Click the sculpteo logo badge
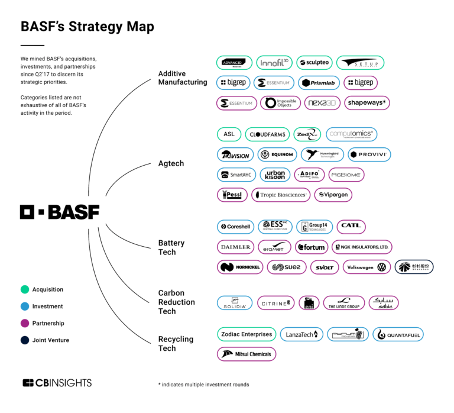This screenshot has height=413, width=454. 313,63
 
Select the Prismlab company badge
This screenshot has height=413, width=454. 320,83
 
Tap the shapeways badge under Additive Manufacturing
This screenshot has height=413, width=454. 367,103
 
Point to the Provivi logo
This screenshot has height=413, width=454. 369,154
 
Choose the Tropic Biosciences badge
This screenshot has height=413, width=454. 281,195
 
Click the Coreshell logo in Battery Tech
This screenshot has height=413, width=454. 234,227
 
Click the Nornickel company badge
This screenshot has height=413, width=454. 239,267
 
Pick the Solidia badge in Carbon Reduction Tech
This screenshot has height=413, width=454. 235,303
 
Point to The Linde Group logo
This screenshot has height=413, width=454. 343,303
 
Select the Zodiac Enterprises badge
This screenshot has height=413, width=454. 247,334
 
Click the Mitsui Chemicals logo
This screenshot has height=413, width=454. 247,354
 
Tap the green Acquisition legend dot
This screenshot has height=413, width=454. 25,290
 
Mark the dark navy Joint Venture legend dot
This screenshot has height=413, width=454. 25,340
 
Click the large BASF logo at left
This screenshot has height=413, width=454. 60,212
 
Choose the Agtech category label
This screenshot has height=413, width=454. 171,163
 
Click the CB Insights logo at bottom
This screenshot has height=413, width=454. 57,383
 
